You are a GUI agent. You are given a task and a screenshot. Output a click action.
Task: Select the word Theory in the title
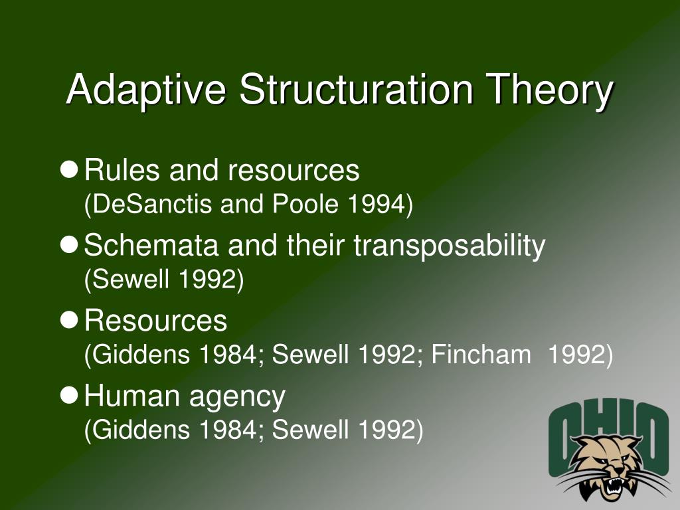pos(549,90)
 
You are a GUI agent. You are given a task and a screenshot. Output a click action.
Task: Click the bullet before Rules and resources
pos(69,171)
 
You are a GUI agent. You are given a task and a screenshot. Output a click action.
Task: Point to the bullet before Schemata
pos(69,246)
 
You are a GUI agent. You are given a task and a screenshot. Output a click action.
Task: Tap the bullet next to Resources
pos(69,321)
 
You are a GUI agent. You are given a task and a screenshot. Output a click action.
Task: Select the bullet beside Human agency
pos(69,396)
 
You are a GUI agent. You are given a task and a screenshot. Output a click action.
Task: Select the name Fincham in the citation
pos(481,356)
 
